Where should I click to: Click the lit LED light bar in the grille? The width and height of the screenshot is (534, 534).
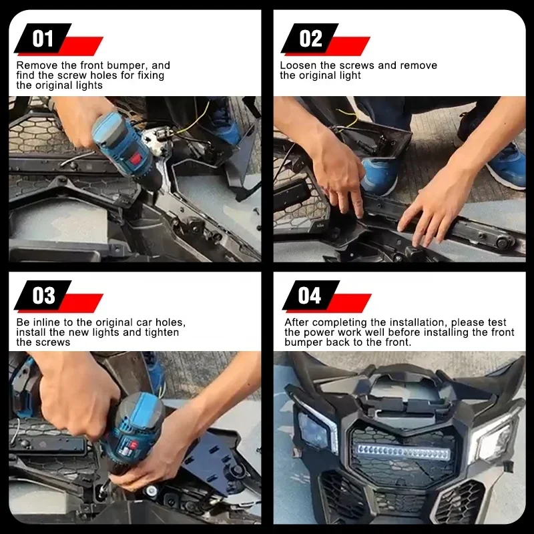tap(403, 453)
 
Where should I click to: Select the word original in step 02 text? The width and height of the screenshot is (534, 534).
tap(320, 75)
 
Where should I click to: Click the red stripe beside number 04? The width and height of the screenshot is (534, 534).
tap(349, 303)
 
